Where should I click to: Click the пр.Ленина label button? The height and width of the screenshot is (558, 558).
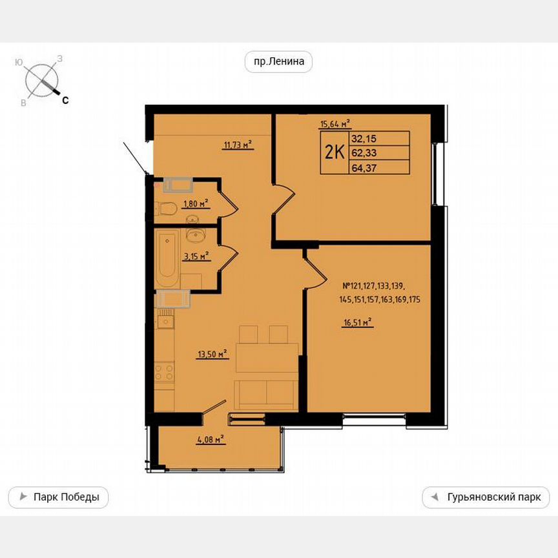[x=278, y=62]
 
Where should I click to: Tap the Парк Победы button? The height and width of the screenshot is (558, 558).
[x=58, y=497]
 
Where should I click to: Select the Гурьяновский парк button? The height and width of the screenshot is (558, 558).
[x=486, y=497]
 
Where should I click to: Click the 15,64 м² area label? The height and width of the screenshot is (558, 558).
[x=335, y=125]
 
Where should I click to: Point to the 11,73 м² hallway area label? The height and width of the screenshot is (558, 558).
[x=237, y=145]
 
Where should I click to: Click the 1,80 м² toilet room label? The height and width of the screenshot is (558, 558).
[x=196, y=203]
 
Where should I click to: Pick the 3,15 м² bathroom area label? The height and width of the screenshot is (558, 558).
[x=196, y=256]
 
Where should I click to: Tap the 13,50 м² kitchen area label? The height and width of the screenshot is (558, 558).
[x=213, y=353]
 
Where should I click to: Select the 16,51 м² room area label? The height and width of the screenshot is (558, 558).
[x=358, y=324]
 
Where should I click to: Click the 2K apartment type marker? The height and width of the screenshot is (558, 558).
[x=333, y=152]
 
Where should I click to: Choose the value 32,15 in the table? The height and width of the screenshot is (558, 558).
[x=365, y=138]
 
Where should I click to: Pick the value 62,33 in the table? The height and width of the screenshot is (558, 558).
[x=365, y=152]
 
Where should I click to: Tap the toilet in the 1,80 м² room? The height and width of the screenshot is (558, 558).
[x=166, y=208]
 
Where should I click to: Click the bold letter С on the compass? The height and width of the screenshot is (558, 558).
[x=65, y=99]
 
